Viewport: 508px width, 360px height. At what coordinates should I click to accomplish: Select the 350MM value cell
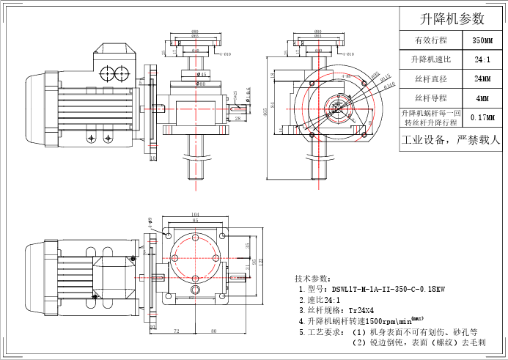point(482,40)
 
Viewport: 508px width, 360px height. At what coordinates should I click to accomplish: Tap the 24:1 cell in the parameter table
point(482,59)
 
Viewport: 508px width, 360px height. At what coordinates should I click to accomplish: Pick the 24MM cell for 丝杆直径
point(482,78)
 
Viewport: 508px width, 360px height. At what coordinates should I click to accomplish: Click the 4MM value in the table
point(482,98)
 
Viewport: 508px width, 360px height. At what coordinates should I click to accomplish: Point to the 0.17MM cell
point(482,117)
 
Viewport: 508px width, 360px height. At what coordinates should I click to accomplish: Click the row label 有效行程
point(430,40)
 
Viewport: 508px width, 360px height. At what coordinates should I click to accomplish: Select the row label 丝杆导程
point(430,98)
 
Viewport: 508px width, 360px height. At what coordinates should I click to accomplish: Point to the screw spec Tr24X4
point(365,310)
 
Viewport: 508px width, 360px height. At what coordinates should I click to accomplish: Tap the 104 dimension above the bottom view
point(195,214)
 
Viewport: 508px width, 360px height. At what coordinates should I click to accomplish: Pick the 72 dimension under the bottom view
point(177,332)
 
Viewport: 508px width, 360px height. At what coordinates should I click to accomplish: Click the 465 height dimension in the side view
point(265,111)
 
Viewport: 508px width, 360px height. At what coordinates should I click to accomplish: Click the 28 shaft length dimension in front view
point(239,118)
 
